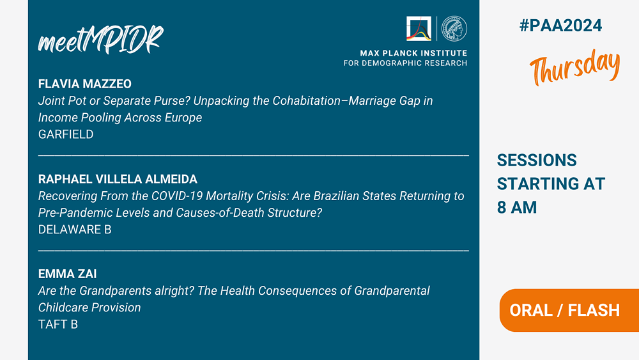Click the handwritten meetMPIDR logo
pos(101,40)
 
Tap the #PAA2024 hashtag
pos(561,26)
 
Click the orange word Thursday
pos(574,67)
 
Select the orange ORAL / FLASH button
pos(569,310)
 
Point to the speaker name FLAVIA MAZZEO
pos(85,84)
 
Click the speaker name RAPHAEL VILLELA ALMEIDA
pos(118,179)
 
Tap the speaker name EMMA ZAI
pos(67,274)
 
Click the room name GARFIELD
pos(66,134)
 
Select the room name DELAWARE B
pos(75,230)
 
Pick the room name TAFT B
pos(58,324)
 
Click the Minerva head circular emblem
pos(454,29)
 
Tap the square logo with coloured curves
pos(419,29)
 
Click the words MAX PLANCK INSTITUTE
pos(413,53)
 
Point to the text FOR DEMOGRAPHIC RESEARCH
pos(406,63)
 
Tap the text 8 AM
pos(517,208)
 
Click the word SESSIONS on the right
pos(537,160)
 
